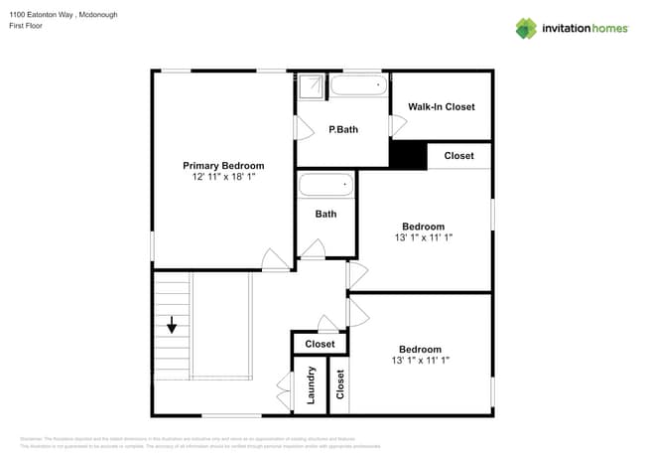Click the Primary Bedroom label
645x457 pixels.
[223, 165]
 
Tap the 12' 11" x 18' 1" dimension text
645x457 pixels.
[223, 177]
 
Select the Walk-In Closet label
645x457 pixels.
[442, 106]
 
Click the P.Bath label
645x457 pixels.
[343, 129]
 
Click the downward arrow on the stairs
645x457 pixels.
[172, 325]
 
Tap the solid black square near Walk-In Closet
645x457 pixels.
[407, 156]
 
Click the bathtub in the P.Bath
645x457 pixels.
[359, 85]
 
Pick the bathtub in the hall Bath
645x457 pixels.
[325, 186]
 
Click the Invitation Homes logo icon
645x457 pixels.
[526, 28]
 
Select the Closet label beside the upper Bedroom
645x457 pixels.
[458, 156]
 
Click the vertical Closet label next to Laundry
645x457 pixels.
[340, 383]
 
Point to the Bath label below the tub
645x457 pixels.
[325, 214]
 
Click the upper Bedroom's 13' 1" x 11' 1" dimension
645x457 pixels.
[423, 237]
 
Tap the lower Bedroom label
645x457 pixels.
[420, 349]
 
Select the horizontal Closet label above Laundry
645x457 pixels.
[320, 344]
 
